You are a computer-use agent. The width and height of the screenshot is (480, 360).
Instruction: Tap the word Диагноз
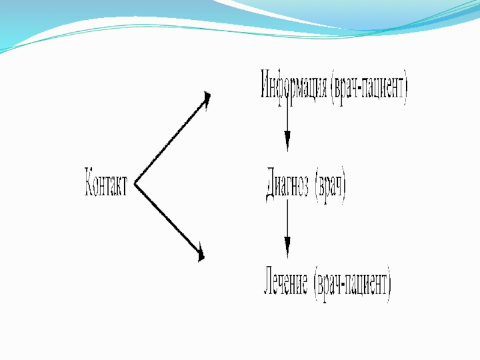tap(287, 186)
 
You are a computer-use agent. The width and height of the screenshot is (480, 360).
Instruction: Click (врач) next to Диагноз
tap(331, 187)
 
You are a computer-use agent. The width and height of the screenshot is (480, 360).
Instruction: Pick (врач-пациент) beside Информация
tap(369, 88)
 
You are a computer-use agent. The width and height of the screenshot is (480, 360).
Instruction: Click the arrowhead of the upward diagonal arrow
tap(206, 98)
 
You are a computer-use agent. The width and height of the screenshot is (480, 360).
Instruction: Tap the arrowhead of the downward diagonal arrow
tap(201, 255)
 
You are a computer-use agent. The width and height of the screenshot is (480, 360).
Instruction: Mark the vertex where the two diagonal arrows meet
tap(136, 184)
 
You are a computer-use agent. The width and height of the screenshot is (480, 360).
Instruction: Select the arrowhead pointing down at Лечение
tap(287, 248)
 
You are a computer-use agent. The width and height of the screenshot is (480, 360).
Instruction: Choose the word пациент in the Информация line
tap(384, 89)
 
